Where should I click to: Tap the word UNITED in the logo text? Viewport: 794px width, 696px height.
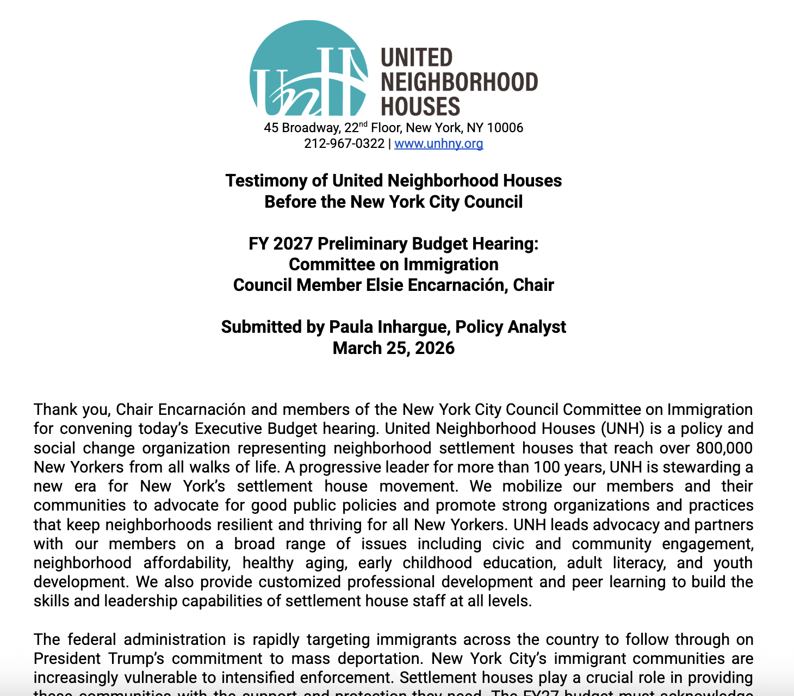click(x=417, y=58)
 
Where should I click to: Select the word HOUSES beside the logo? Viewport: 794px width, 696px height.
click(x=420, y=106)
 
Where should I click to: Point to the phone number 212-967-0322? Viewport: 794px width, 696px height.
click(x=344, y=144)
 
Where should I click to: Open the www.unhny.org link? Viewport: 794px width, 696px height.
click(x=438, y=144)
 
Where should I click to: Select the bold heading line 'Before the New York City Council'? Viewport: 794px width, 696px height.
click(x=393, y=202)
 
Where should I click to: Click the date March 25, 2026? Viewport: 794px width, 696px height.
click(x=393, y=348)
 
